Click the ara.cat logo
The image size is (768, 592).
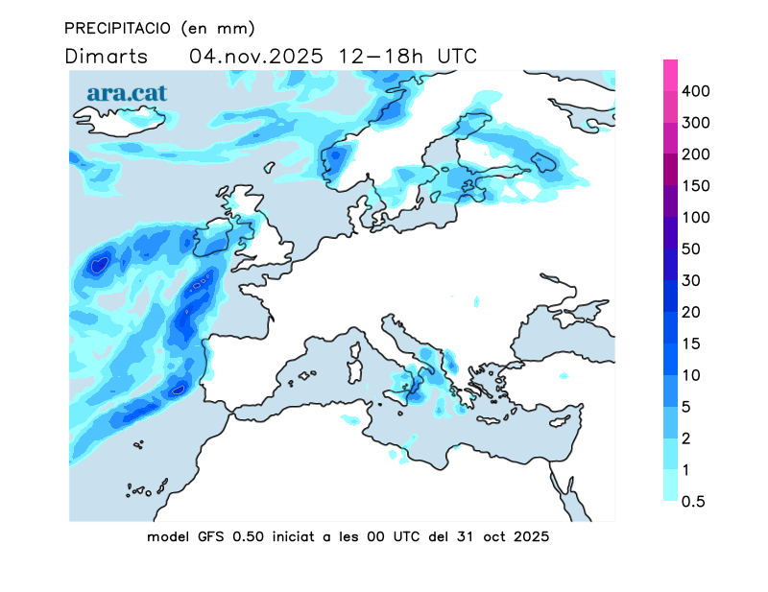click(x=127, y=93)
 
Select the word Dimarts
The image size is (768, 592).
click(x=107, y=56)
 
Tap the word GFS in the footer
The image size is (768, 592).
click(x=212, y=537)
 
